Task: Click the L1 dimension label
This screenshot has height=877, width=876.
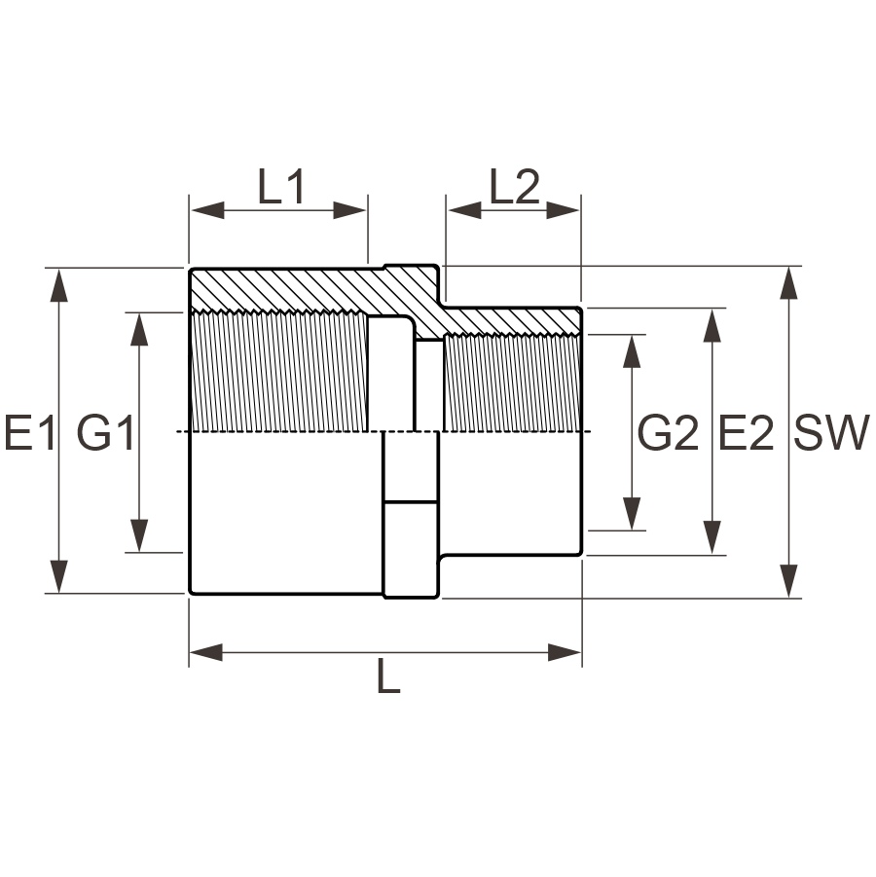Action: (281, 187)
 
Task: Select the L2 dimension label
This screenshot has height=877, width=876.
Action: (515, 187)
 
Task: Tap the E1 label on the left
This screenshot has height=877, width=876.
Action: (30, 432)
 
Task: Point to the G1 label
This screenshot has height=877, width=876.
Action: (106, 432)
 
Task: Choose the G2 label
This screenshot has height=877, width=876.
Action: (669, 432)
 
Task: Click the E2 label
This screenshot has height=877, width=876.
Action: (747, 432)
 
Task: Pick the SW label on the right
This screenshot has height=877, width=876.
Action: (832, 432)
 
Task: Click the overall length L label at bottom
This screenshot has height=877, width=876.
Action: (388, 676)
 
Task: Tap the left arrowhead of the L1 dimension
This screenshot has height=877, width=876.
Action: (207, 211)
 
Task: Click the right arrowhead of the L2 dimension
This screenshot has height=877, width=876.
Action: (563, 211)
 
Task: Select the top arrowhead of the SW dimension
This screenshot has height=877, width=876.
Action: (788, 284)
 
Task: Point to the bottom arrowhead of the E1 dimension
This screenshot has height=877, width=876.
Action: (58, 576)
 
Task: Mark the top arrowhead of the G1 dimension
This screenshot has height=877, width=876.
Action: (139, 330)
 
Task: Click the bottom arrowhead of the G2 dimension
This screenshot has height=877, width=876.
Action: (632, 513)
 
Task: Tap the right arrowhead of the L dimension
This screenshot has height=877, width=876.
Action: (565, 652)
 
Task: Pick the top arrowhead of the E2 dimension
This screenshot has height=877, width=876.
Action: (712, 325)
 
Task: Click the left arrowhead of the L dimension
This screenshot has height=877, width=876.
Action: (207, 652)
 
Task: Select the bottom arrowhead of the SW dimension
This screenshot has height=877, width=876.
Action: (788, 581)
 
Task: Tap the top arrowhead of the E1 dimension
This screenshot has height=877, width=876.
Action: (58, 285)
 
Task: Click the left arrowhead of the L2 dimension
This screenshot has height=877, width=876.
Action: (465, 211)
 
